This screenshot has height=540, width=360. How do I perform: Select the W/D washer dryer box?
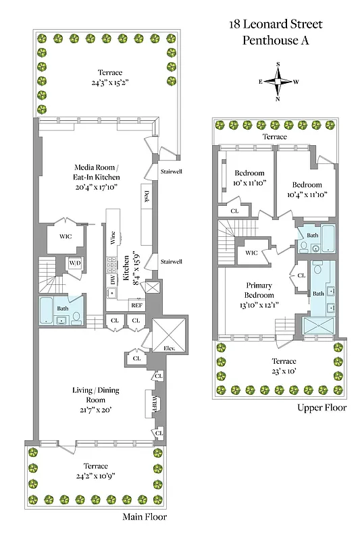[x=74, y=264]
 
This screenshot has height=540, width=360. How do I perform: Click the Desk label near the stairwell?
[x=146, y=196]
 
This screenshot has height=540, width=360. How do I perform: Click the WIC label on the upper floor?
[x=251, y=253]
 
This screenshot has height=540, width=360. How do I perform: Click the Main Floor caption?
[x=145, y=517]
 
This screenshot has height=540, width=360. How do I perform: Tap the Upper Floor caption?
[x=322, y=408]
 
